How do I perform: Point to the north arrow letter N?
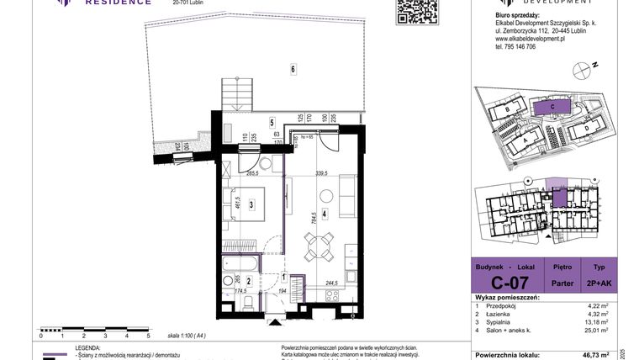click(594, 65)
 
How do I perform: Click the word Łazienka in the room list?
click(510, 313)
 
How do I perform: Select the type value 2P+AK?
click(605, 283)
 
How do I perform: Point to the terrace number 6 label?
click(293, 69)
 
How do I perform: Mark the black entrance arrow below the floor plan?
click(275, 321)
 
